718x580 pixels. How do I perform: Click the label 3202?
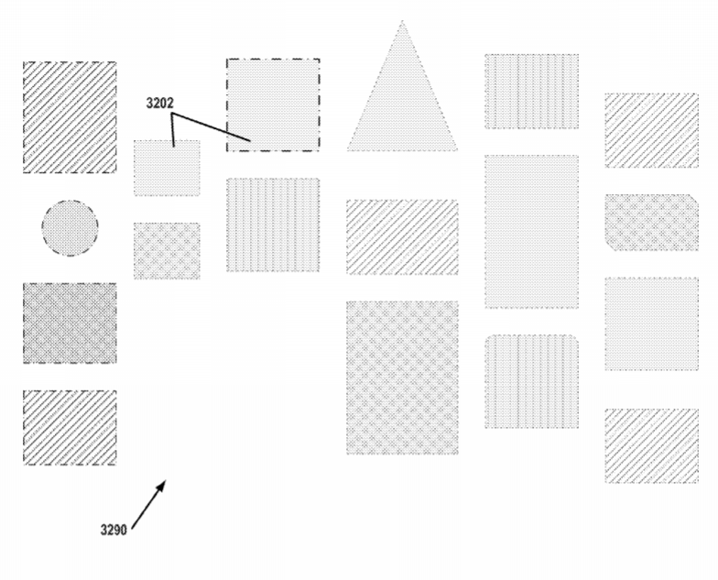(x=159, y=103)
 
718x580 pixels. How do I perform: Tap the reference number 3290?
(x=114, y=530)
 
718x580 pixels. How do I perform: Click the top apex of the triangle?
(x=402, y=20)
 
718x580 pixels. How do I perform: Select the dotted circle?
(x=70, y=227)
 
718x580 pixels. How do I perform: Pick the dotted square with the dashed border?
(x=273, y=104)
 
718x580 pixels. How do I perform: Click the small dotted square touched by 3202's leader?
(x=167, y=168)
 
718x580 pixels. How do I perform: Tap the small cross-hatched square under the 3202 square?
(x=167, y=251)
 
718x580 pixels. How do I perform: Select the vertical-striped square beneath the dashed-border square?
(x=273, y=225)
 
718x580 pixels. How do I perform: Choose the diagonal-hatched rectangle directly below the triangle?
(x=402, y=236)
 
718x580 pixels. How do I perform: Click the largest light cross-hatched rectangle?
(x=402, y=378)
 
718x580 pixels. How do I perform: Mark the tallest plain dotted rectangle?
(x=531, y=231)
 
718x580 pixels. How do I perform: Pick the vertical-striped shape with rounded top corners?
(x=531, y=381)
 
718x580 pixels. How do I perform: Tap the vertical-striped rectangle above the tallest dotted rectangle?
(x=531, y=92)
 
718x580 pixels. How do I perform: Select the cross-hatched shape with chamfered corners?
(x=652, y=222)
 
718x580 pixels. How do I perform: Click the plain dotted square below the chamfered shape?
(x=652, y=323)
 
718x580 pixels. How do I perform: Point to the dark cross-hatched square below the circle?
(x=70, y=323)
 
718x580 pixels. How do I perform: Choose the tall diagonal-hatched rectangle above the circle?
(x=70, y=117)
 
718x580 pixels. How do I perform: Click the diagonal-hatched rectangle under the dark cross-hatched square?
(x=70, y=427)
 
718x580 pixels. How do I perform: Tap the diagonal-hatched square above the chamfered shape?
(x=652, y=130)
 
